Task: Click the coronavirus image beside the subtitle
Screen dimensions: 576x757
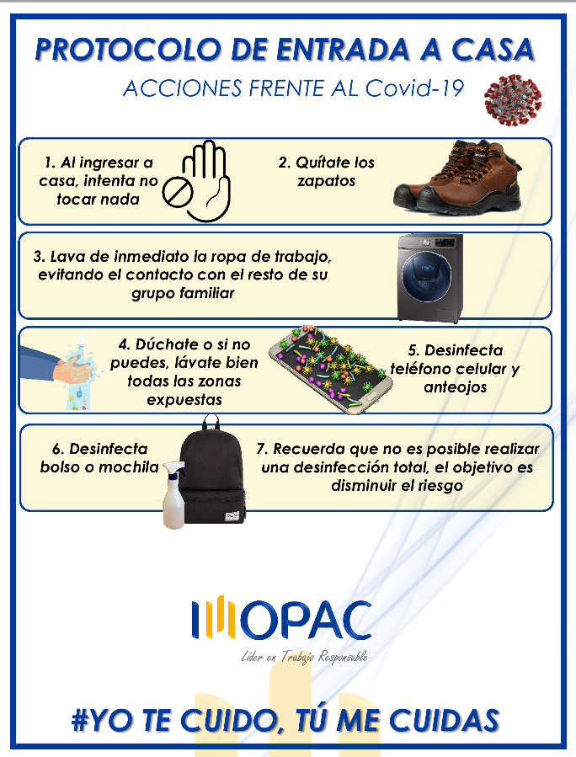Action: click(x=513, y=100)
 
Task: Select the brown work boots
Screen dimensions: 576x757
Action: click(x=458, y=177)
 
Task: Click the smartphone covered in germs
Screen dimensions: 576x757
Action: click(x=330, y=368)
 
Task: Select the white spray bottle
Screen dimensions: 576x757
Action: click(x=174, y=495)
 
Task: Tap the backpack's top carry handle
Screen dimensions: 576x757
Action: click(x=211, y=423)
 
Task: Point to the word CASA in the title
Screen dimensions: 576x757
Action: click(x=493, y=50)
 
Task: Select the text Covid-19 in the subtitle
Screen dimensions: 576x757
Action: click(x=414, y=88)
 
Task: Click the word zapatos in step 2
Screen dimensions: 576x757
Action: click(x=327, y=181)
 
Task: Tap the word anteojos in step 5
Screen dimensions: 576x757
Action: click(x=456, y=387)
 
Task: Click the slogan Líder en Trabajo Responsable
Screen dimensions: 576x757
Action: click(x=305, y=657)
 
